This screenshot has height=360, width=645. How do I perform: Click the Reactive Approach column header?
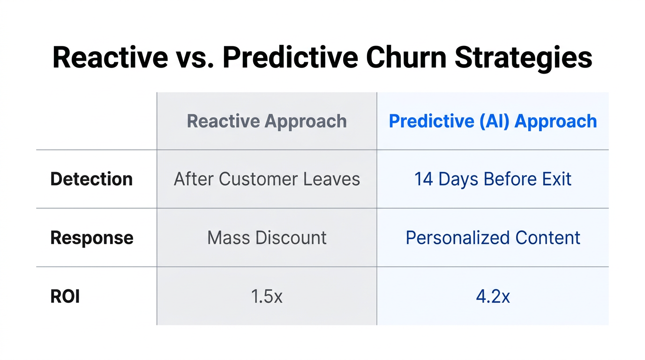click(x=267, y=121)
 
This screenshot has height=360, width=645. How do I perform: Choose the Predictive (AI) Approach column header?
click(x=493, y=121)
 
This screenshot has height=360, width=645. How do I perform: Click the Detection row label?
click(x=91, y=179)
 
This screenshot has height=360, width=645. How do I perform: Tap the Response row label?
click(x=92, y=238)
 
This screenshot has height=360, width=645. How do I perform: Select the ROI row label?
click(x=65, y=296)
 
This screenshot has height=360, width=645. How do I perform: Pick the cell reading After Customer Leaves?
click(x=267, y=179)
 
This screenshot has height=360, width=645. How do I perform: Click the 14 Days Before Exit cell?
click(x=493, y=179)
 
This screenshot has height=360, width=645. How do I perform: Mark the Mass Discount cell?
click(x=267, y=238)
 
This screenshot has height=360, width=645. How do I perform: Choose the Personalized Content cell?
click(x=493, y=238)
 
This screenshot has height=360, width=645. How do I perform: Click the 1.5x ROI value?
click(x=267, y=296)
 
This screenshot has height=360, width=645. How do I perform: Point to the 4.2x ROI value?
click(x=493, y=296)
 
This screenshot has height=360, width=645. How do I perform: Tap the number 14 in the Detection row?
click(x=423, y=179)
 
